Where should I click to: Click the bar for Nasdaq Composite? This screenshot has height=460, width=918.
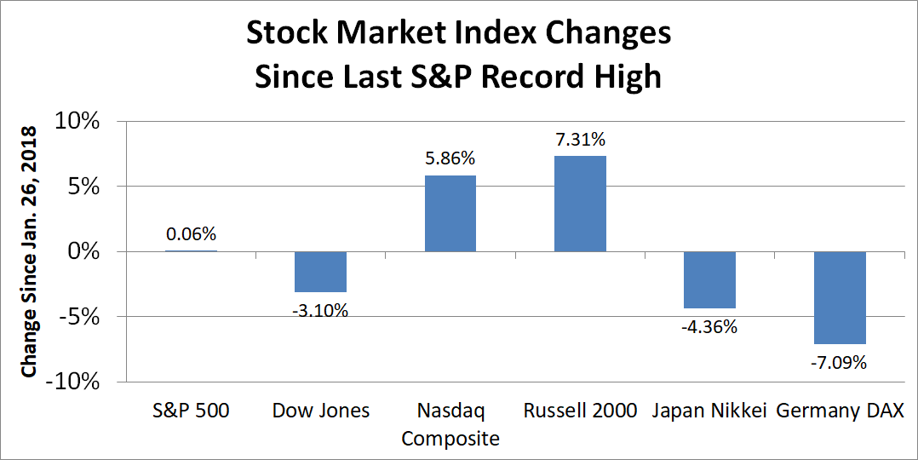point(450,213)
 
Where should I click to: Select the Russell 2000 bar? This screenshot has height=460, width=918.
point(580,204)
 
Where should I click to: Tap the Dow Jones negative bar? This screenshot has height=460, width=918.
point(320,272)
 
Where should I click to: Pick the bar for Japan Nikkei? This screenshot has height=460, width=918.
point(709,279)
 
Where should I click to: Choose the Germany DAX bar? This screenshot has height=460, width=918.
point(840,297)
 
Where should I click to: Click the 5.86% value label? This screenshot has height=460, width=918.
point(450,159)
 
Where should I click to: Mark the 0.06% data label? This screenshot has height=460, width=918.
point(191,234)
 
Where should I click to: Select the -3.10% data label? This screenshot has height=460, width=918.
point(320,309)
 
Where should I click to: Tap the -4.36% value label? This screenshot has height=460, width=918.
point(709,326)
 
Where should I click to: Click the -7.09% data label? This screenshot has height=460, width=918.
point(840,363)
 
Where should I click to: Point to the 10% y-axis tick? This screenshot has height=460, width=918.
point(77,121)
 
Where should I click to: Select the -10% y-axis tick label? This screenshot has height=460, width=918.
point(74,382)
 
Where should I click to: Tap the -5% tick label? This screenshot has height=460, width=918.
point(80,317)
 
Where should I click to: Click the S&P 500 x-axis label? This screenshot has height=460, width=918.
point(191,411)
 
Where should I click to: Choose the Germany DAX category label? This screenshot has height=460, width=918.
point(840,411)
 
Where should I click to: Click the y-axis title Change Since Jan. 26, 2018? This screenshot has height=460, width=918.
point(30,252)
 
